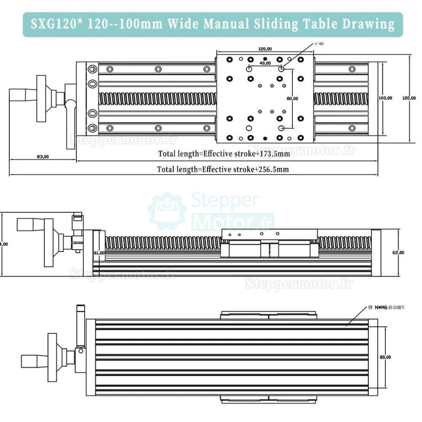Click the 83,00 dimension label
point(43,156)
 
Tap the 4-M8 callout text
point(319,44)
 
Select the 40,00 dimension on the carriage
point(265,63)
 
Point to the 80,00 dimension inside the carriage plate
point(292,98)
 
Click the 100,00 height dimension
point(385,98)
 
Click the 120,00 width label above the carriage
point(265,49)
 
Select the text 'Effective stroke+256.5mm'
point(245,169)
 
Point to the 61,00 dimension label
point(99,253)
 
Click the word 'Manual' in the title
point(226,24)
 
